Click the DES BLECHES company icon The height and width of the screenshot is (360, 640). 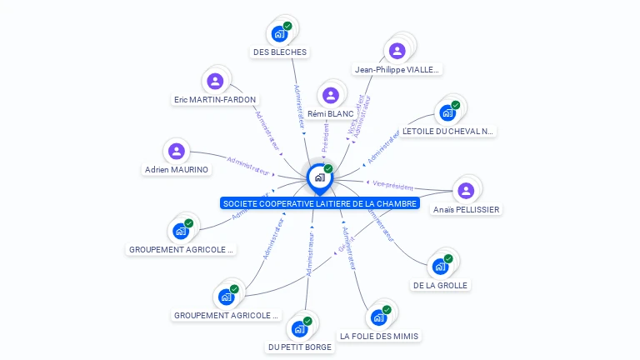pyautogui.click(x=279, y=34)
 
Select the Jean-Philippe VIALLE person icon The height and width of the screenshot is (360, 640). pyautogui.click(x=397, y=52)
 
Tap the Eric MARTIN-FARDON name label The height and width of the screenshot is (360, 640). pyautogui.click(x=215, y=99)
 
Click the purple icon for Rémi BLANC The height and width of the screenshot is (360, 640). pyautogui.click(x=330, y=95)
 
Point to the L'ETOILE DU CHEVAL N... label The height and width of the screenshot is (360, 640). pyautogui.click(x=447, y=131)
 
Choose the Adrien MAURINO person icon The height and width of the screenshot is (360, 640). pyautogui.click(x=176, y=151)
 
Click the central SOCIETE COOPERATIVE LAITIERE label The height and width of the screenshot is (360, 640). pyautogui.click(x=320, y=203)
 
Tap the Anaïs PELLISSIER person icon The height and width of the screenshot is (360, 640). pyautogui.click(x=466, y=191)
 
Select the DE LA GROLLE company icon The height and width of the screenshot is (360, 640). pyautogui.click(x=440, y=267)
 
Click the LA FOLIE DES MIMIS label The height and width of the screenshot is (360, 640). pyautogui.click(x=379, y=336)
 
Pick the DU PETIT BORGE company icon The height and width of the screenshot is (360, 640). pyautogui.click(x=300, y=328)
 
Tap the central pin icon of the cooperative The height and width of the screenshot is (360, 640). pyautogui.click(x=319, y=177)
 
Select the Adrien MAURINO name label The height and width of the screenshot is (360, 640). pyautogui.click(x=177, y=169)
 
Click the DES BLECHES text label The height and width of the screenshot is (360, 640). pyautogui.click(x=280, y=52)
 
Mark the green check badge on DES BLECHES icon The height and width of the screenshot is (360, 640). pyautogui.click(x=287, y=26)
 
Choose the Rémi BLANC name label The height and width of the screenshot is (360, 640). pyautogui.click(x=331, y=113)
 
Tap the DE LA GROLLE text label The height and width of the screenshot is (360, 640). pyautogui.click(x=441, y=285)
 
